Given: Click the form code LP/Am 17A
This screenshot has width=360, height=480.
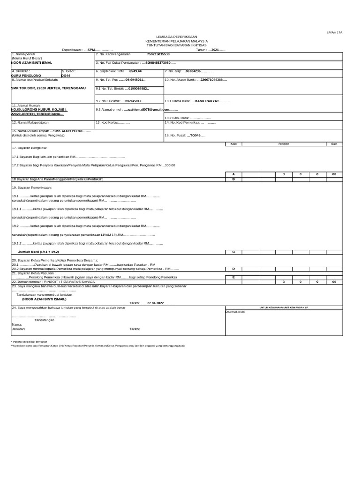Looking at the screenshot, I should [336, 32].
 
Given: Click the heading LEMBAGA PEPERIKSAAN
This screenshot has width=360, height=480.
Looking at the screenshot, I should [180, 37].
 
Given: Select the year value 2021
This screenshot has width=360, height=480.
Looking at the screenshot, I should [215, 50].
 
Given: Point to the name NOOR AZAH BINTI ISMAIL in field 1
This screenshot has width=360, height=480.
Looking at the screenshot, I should [32, 62].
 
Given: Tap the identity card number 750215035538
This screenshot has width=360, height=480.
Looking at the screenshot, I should [158, 54].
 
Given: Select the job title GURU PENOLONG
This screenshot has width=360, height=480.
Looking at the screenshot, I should [26, 75].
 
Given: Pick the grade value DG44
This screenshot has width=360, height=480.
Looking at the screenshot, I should [66, 75].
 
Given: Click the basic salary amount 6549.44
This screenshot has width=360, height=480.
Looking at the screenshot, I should [135, 71].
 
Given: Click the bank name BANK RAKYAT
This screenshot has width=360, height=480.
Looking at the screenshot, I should [206, 101].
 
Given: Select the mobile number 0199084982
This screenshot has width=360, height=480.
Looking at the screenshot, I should [137, 88].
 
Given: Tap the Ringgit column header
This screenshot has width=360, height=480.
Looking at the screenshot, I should [284, 144].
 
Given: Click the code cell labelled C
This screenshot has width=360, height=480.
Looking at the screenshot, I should [233, 252].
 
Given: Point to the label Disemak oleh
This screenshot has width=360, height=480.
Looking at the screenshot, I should [235, 311].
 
